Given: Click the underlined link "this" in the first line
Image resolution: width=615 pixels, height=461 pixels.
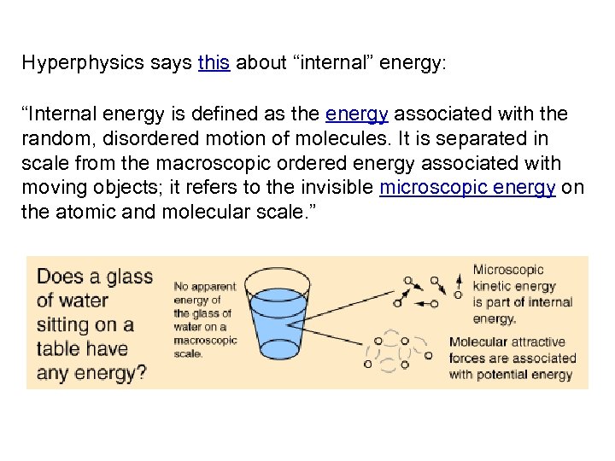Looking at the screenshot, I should pyautogui.click(x=214, y=63).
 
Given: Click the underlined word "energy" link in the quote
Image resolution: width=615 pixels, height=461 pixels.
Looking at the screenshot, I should pyautogui.click(x=356, y=114).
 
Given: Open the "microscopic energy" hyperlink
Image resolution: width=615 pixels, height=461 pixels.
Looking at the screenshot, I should pyautogui.click(x=467, y=187).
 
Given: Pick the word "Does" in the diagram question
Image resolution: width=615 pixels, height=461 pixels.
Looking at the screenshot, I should pyautogui.click(x=59, y=277).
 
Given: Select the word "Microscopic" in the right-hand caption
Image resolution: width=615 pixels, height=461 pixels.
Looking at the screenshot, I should pyautogui.click(x=508, y=271).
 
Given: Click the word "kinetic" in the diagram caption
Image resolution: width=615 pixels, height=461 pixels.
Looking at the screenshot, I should pyautogui.click(x=491, y=287).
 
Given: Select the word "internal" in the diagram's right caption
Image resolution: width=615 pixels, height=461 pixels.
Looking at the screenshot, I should pyautogui.click(x=550, y=302).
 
